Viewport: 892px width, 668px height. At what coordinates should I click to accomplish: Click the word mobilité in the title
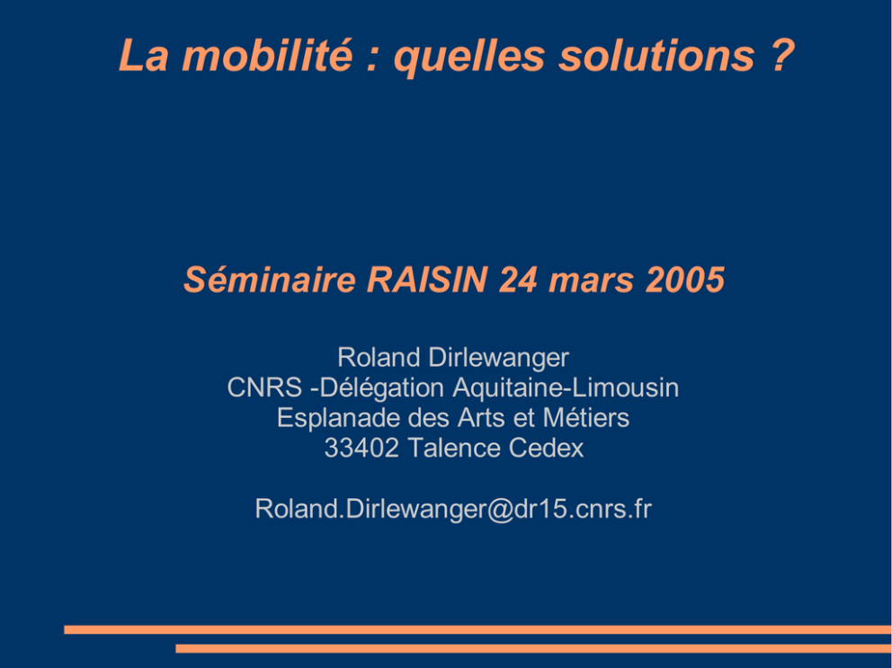pyautogui.click(x=267, y=55)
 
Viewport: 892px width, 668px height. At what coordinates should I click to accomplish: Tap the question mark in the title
pyautogui.click(x=783, y=55)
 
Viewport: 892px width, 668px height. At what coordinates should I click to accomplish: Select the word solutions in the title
pyautogui.click(x=656, y=55)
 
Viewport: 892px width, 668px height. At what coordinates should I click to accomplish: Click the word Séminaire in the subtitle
pyautogui.click(x=270, y=280)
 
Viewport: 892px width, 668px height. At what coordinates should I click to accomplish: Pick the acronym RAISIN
pyautogui.click(x=427, y=280)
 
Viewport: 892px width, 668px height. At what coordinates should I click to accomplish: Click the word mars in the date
pyautogui.click(x=591, y=282)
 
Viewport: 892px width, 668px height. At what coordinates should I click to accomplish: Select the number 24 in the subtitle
pyautogui.click(x=518, y=280)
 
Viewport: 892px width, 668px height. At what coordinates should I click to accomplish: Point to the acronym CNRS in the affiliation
pyautogui.click(x=264, y=388)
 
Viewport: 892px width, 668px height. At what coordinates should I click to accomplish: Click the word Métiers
pyautogui.click(x=586, y=418)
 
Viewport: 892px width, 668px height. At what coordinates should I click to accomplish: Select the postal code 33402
pyautogui.click(x=361, y=449)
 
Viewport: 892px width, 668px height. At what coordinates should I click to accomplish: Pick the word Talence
pyautogui.click(x=454, y=449)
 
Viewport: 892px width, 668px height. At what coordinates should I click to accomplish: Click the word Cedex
pyautogui.click(x=546, y=449)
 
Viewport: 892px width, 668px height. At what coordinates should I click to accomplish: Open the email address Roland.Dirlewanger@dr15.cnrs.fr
pyautogui.click(x=453, y=509)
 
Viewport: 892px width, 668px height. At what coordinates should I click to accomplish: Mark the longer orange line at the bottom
pyautogui.click(x=477, y=629)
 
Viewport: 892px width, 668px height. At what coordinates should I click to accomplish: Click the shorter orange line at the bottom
pyautogui.click(x=533, y=648)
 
